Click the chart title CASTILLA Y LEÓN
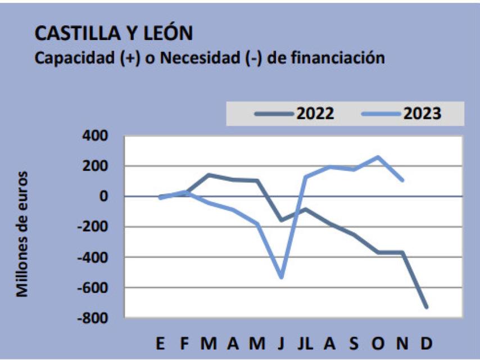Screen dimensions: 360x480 114,33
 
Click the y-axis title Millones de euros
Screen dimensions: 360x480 23,233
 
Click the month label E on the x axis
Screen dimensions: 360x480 161,344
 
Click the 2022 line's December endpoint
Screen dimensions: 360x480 427,307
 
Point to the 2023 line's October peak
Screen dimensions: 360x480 378,157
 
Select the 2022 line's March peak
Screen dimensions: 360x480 209,175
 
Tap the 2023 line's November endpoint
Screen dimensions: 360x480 402,180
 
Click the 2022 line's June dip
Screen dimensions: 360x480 281,220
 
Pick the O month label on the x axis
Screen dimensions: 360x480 378,344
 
